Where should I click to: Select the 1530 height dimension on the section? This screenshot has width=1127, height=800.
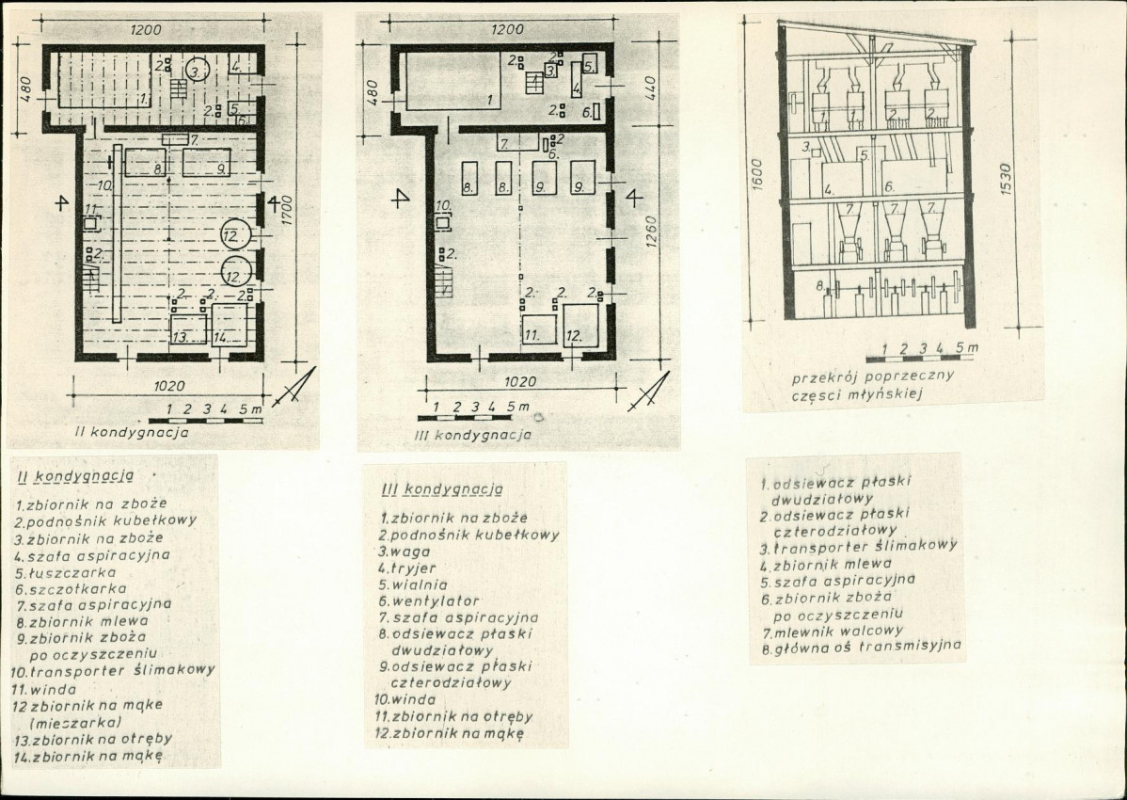coord(1005,179)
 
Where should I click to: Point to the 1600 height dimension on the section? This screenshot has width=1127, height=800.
coord(757,175)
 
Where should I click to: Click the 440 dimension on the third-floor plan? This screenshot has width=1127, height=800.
coord(650,88)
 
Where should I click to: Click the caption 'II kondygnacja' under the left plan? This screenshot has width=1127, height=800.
coord(133,433)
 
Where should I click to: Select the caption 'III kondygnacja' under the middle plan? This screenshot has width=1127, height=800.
coord(473,435)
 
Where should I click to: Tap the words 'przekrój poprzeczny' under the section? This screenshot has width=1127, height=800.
coord(873,376)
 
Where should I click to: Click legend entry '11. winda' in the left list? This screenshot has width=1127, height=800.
coord(44,689)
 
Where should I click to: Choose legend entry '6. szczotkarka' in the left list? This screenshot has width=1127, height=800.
coord(71,589)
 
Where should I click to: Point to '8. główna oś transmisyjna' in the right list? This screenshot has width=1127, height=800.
coord(861,647)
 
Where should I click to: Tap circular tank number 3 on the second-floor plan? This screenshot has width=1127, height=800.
coord(197,71)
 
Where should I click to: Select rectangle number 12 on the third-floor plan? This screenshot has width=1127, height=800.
coord(580,324)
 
